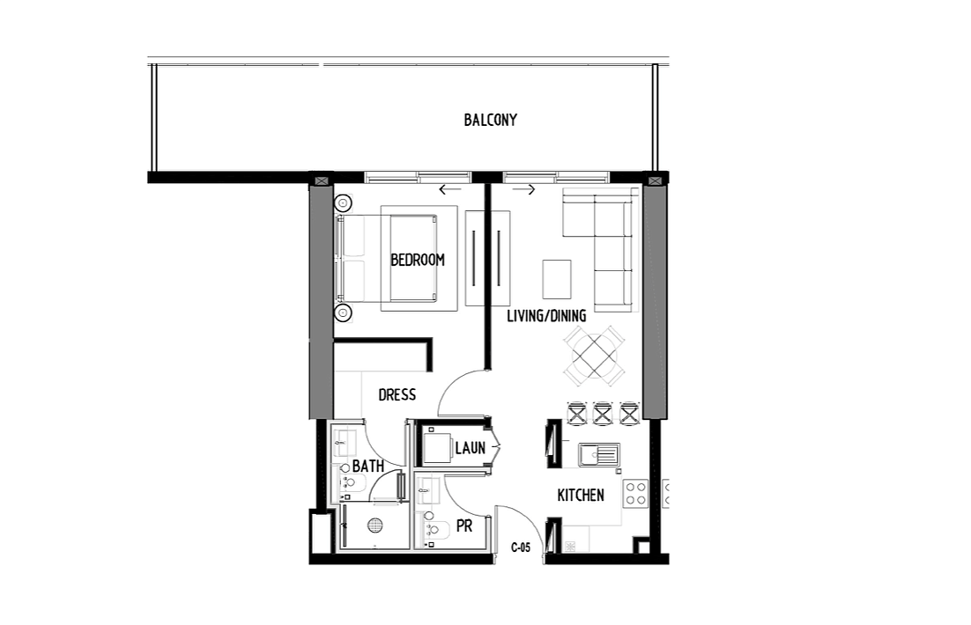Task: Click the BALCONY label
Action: point(491,120)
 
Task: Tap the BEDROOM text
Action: point(418,260)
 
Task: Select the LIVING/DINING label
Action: point(546,316)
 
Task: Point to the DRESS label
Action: point(397,394)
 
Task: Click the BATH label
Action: point(368,466)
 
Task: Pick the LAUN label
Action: point(470,448)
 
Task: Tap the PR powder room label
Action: point(464,526)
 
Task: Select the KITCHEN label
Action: point(581,495)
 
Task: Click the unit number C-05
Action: point(521,548)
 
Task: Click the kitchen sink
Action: point(599,455)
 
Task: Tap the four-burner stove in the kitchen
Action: point(636,493)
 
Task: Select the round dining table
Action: point(594,356)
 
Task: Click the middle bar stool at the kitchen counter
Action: point(603,414)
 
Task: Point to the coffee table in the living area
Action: point(557,279)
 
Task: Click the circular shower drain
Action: point(374,526)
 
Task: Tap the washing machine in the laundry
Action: point(437,449)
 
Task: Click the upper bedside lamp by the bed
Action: point(343,203)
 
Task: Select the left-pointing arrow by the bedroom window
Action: point(450,189)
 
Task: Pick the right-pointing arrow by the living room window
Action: point(523,189)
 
